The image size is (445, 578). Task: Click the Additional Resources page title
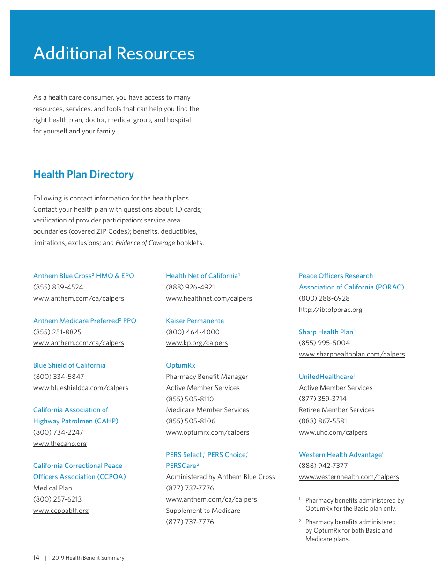114,53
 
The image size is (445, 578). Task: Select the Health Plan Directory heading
83,174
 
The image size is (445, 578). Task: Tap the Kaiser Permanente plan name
195,321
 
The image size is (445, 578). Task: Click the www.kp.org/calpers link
197,343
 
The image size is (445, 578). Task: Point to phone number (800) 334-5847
58,377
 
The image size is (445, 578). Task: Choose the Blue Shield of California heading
69,365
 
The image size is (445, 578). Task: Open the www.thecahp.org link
60,444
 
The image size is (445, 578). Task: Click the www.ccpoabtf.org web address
61,511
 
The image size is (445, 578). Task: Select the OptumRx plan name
180,365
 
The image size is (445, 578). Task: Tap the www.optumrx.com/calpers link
208,432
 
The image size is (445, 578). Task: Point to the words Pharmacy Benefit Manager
207,377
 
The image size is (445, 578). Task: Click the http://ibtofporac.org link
331,310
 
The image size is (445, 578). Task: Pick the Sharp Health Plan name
326,332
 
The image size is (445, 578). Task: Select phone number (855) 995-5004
324,343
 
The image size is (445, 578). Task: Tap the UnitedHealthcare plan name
326,377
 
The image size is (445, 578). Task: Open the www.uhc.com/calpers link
333,432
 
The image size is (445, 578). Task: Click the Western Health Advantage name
340,455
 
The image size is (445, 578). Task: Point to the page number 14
36,557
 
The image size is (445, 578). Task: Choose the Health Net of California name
202,276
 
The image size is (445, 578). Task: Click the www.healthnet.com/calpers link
209,298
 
